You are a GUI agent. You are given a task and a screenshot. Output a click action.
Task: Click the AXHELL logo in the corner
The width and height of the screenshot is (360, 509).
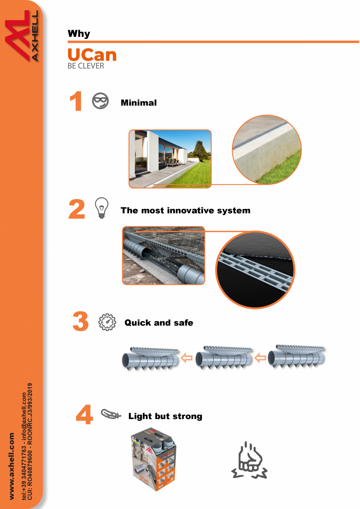(x=22, y=36)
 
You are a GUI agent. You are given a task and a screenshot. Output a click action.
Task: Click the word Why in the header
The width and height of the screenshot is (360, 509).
(x=79, y=34)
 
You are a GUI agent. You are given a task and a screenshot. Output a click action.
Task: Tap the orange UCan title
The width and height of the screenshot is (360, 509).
(x=92, y=55)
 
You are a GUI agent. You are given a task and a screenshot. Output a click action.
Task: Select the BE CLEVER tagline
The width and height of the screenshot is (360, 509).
(x=86, y=66)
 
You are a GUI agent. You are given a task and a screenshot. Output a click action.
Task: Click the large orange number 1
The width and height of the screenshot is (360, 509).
(x=76, y=102)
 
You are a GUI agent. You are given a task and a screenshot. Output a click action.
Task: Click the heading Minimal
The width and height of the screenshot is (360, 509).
(x=139, y=103)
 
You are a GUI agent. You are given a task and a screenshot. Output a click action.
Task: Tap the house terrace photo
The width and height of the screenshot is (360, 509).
(x=170, y=159)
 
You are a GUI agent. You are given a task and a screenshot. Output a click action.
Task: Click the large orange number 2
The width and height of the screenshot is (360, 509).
(x=77, y=210)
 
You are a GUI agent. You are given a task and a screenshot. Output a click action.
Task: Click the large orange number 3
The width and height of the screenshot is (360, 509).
(x=81, y=322)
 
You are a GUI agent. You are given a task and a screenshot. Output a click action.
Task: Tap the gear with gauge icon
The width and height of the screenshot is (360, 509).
(x=107, y=322)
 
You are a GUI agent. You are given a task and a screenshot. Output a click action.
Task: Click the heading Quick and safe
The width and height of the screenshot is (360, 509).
(x=158, y=323)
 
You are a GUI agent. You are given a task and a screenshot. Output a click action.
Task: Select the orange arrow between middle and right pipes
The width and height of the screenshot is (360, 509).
(x=261, y=358)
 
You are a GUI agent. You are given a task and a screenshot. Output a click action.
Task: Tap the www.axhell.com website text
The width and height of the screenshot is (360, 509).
(x=12, y=466)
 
